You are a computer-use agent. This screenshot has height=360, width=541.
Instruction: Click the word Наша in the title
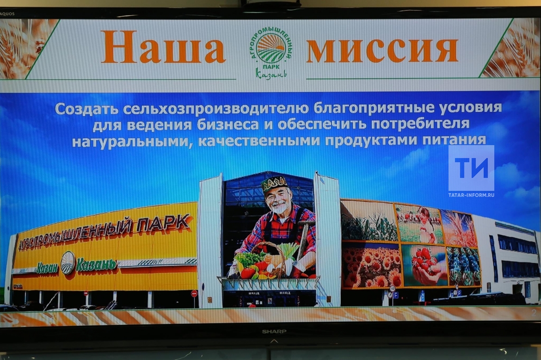163,47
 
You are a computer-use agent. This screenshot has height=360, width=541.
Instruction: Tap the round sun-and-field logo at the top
271,48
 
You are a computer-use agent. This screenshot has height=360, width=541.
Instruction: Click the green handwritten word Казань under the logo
271,73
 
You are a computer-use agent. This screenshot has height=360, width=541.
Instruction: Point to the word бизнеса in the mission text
227,124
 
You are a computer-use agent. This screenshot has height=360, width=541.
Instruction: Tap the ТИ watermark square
471,168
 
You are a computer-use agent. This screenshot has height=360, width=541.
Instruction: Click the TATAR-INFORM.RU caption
471,195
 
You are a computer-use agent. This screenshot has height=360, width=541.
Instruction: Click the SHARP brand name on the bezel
274,331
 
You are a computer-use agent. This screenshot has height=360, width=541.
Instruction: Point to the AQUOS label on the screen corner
7,14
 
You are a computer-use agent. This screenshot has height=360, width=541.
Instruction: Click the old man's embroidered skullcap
274,183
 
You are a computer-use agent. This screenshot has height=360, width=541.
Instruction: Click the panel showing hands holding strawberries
424,265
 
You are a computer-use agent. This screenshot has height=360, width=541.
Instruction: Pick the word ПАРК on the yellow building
164,224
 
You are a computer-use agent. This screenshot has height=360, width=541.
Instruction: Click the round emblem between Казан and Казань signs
68,263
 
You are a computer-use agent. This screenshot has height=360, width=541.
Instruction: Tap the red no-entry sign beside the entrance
194,293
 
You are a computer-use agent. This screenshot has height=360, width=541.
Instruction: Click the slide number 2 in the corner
534,313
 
